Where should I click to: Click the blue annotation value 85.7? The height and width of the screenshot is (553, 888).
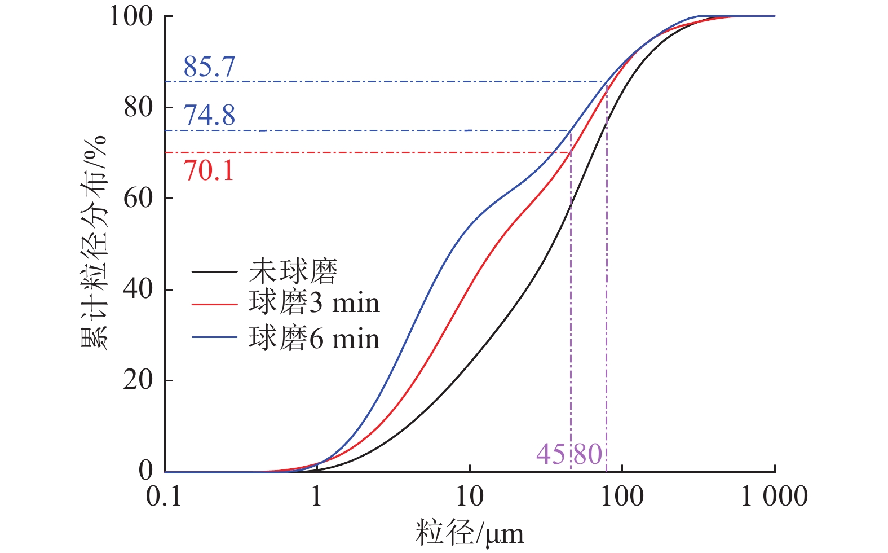209,67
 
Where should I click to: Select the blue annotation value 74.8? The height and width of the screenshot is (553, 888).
209,116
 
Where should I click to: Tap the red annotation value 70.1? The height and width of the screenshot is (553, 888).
209,170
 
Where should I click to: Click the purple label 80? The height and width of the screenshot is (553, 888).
588,454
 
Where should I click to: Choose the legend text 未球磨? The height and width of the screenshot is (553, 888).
293,271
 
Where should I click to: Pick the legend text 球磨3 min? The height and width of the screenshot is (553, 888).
314,304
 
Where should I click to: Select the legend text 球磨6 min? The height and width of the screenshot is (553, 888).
314,339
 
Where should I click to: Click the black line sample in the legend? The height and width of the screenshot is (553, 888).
214,272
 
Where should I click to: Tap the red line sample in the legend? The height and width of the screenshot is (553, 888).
214,304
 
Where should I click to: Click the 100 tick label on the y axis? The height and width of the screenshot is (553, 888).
131,17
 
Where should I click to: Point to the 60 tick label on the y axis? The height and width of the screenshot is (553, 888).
138,199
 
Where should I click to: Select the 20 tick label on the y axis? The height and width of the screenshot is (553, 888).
138,380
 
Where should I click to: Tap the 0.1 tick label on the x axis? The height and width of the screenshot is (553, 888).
164,497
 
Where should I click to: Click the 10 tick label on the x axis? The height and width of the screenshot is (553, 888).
470,497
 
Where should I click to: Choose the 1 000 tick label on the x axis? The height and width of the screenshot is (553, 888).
774,497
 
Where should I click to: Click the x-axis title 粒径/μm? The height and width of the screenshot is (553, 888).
470,533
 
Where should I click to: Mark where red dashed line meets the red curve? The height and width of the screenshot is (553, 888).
569,152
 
